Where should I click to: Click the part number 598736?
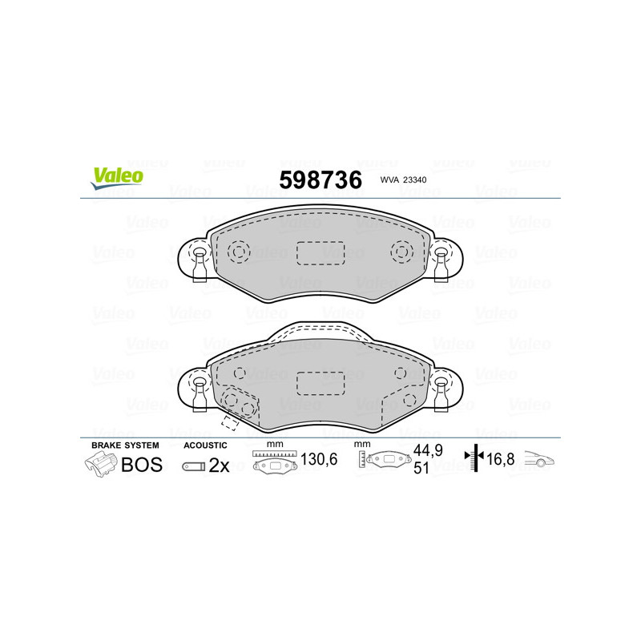point(320,180)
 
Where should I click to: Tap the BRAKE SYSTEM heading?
point(125,445)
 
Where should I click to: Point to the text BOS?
point(141,465)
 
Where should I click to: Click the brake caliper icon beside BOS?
point(99,464)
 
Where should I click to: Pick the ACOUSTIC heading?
point(206,445)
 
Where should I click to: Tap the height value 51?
point(421,470)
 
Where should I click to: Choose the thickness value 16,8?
point(501,460)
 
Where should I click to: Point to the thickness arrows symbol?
point(476,459)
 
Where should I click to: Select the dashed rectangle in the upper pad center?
point(320,252)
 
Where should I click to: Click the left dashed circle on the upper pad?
point(238,252)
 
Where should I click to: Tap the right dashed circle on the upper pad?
point(401,252)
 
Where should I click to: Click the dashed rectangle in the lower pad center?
point(320,383)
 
